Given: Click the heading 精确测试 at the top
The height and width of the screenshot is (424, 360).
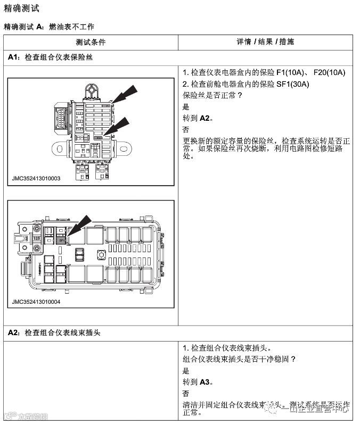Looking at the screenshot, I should [21, 9].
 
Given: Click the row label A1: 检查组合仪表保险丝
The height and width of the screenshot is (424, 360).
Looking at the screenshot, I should [51, 57].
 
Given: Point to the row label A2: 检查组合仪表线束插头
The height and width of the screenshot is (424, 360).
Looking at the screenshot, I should [54, 332].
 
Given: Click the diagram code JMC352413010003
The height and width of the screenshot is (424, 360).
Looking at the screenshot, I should [36, 179].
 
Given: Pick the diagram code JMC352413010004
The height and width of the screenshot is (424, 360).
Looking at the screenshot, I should [36, 302].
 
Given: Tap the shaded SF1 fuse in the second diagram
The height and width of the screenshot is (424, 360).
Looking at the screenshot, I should [61, 239].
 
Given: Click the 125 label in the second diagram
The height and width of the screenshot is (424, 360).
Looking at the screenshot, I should [37, 239].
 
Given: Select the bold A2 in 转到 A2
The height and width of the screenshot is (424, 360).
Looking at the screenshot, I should [206, 118].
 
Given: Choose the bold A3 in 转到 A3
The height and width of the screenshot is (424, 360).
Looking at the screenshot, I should [206, 382].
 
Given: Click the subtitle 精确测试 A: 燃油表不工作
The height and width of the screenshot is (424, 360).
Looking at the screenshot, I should [49, 26].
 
